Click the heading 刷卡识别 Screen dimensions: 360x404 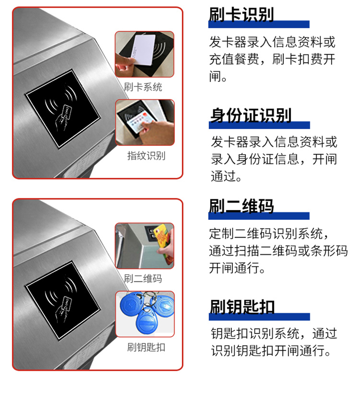coord(241,15)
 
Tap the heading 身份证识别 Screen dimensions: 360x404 coord(251,115)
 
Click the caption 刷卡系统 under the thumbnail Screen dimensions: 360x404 coord(143,87)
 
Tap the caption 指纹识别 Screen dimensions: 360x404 coord(146,155)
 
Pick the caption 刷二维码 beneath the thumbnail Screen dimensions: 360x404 coord(143,279)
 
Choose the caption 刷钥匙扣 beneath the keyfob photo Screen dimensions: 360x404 coord(146,347)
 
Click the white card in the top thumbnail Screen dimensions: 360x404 coord(144,49)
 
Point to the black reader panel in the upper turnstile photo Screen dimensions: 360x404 coord(62,109)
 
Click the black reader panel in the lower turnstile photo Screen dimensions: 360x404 coord(62,300)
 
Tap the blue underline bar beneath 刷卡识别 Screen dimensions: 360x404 coord(259,24)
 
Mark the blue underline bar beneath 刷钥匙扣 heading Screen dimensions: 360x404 coord(259,316)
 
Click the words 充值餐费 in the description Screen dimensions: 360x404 coord(234,59)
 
